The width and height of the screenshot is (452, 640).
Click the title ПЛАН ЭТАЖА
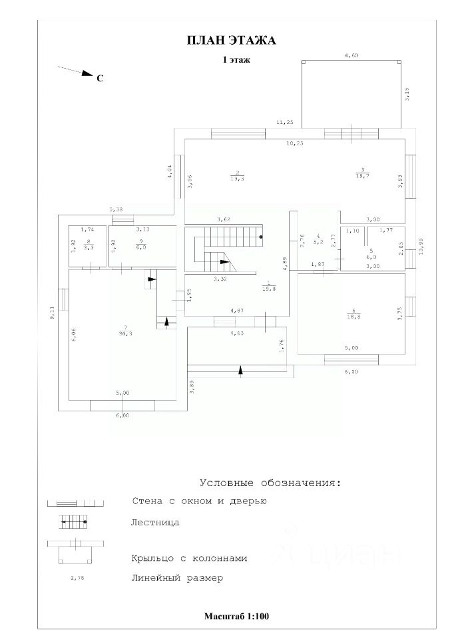(x=231, y=41)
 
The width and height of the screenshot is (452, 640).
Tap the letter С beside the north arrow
(x=100, y=79)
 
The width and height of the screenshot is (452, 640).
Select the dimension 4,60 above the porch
(x=351, y=56)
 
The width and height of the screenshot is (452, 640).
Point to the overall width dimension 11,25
(x=285, y=123)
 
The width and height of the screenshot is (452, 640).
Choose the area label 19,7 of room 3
(x=363, y=175)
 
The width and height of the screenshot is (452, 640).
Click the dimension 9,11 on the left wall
(x=52, y=314)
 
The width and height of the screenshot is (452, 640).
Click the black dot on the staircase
(x=260, y=237)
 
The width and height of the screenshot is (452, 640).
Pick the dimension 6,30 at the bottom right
(x=350, y=372)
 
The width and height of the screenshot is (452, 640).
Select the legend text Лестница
(x=155, y=523)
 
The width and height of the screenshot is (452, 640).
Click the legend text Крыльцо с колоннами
(x=190, y=559)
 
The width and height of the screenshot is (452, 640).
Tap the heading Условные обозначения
(x=270, y=482)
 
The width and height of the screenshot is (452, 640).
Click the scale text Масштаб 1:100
(x=236, y=616)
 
